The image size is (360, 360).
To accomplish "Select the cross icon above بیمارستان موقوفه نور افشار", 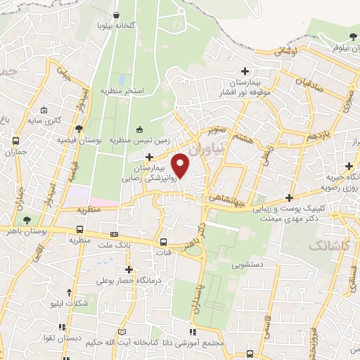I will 245,71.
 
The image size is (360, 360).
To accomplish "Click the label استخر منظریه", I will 122,91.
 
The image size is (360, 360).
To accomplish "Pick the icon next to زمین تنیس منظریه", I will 139,129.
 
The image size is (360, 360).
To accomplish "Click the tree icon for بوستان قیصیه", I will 78,129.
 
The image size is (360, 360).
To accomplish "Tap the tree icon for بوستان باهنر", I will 27,220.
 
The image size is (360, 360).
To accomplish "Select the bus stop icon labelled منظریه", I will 79,230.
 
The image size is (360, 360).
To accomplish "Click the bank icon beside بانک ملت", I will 114,234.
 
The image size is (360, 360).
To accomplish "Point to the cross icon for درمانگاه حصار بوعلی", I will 128,269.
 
